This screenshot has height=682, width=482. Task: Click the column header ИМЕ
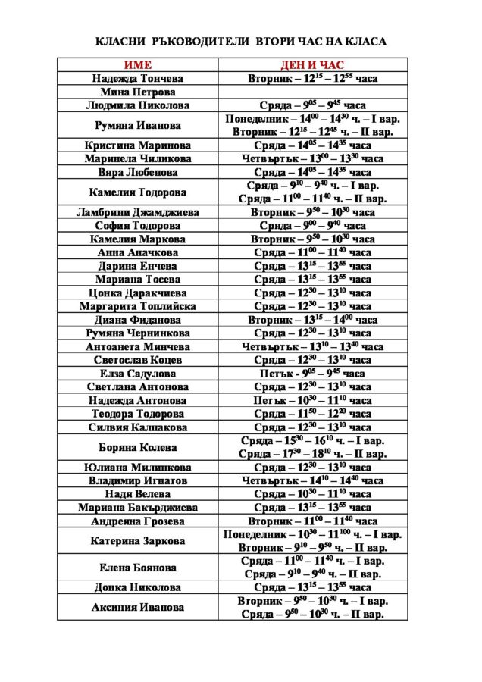137,65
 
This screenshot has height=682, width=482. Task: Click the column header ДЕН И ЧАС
312,65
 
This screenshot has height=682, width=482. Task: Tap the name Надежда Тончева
137,79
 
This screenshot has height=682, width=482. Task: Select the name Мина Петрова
137,92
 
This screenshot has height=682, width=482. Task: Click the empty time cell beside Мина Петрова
312,92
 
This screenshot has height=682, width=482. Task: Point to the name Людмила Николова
137,105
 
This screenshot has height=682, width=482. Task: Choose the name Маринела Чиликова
137,159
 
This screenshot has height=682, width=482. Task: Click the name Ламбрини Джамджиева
137,213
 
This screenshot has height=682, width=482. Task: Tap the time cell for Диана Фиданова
312,320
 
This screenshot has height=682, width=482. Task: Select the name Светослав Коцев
137,360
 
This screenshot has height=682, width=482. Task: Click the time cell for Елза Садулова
312,374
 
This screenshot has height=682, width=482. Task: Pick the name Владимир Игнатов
137,480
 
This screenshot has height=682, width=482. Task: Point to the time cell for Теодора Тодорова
312,414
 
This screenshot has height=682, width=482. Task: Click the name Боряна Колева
137,447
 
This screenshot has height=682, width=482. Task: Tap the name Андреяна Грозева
137,521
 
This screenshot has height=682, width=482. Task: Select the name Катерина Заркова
137,541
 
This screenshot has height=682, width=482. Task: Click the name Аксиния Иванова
137,608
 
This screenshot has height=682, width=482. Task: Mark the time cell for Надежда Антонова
312,400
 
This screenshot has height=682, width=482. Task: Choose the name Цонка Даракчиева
137,293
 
